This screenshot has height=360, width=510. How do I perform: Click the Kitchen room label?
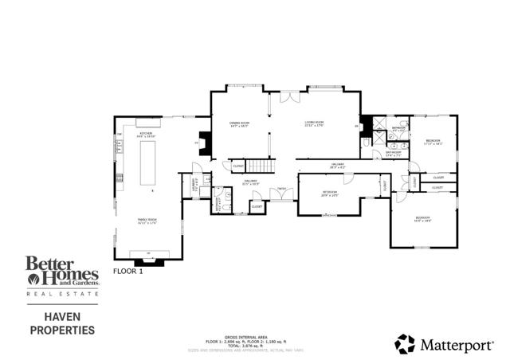click(146, 135)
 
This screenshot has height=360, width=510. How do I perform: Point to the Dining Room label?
click(239, 124)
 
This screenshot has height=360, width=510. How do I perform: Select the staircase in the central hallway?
click(259, 166)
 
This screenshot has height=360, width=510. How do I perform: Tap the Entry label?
click(280, 189)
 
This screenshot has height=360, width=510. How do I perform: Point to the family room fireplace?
click(147, 258)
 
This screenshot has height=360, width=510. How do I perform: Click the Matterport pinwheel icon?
click(405, 343)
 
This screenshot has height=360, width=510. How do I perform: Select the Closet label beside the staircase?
click(237, 166)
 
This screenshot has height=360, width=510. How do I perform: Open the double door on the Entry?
click(280, 196)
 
